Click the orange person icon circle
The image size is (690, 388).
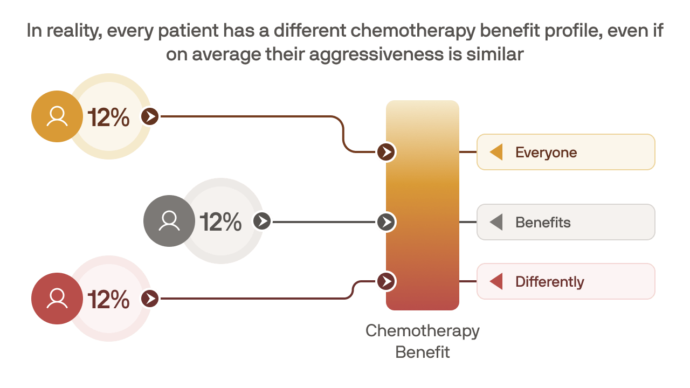(x=57, y=116)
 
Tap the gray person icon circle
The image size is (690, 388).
(x=169, y=221)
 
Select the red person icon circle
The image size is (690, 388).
(x=57, y=299)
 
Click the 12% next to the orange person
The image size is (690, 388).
(x=108, y=117)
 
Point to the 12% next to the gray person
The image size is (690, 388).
(x=220, y=221)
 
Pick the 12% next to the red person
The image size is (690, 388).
(x=108, y=299)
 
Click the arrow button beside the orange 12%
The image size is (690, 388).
(x=151, y=116)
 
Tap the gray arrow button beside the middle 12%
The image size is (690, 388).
(x=263, y=221)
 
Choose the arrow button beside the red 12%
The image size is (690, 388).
(x=151, y=299)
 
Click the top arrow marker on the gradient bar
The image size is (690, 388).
(x=386, y=152)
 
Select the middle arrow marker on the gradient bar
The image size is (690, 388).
(x=386, y=222)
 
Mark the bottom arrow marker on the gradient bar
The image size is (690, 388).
(x=386, y=281)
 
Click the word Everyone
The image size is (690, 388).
(x=546, y=153)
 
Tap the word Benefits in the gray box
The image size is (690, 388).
(x=543, y=223)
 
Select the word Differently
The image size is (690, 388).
(x=549, y=282)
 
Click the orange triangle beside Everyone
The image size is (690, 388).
(x=496, y=152)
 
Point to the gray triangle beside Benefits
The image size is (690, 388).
(x=496, y=222)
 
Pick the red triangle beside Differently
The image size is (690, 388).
(x=496, y=281)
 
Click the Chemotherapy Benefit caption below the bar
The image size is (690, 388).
(x=423, y=341)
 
